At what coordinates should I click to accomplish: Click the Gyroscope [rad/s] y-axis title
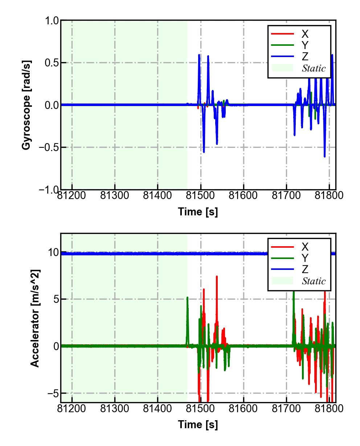[26, 105]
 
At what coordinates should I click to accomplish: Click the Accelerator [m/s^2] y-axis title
[35, 318]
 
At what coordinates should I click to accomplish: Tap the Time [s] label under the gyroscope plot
[198, 212]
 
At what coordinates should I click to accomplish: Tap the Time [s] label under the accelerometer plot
[198, 424]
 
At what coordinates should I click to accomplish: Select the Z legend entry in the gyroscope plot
[305, 57]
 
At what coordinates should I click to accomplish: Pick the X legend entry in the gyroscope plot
[305, 34]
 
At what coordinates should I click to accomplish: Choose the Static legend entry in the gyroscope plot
[314, 68]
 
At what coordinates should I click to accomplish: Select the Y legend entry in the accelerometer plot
[305, 258]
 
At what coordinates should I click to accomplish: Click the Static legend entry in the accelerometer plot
[314, 281]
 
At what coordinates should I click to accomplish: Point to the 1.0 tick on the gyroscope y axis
[52, 21]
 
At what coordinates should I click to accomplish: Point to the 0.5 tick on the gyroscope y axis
[52, 63]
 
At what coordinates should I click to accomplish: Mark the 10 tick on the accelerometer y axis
[53, 252]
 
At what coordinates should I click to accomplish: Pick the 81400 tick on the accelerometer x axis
[157, 409]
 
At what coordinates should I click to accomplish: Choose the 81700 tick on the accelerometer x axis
[286, 409]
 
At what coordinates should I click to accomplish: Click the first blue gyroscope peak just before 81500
[199, 55]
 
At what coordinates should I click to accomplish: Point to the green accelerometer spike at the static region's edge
[187, 298]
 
